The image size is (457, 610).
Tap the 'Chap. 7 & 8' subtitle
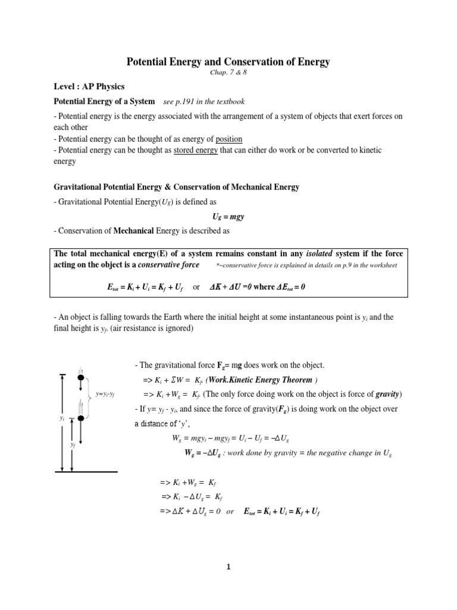pyautogui.click(x=228, y=72)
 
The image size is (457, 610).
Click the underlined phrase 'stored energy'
pyautogui.click(x=196, y=150)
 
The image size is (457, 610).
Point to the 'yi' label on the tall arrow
pyautogui.click(x=61, y=419)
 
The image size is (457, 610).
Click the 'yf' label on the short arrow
pyautogui.click(x=73, y=444)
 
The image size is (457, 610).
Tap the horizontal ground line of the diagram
pyautogui.click(x=86, y=471)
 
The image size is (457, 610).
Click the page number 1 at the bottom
pyautogui.click(x=228, y=567)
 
